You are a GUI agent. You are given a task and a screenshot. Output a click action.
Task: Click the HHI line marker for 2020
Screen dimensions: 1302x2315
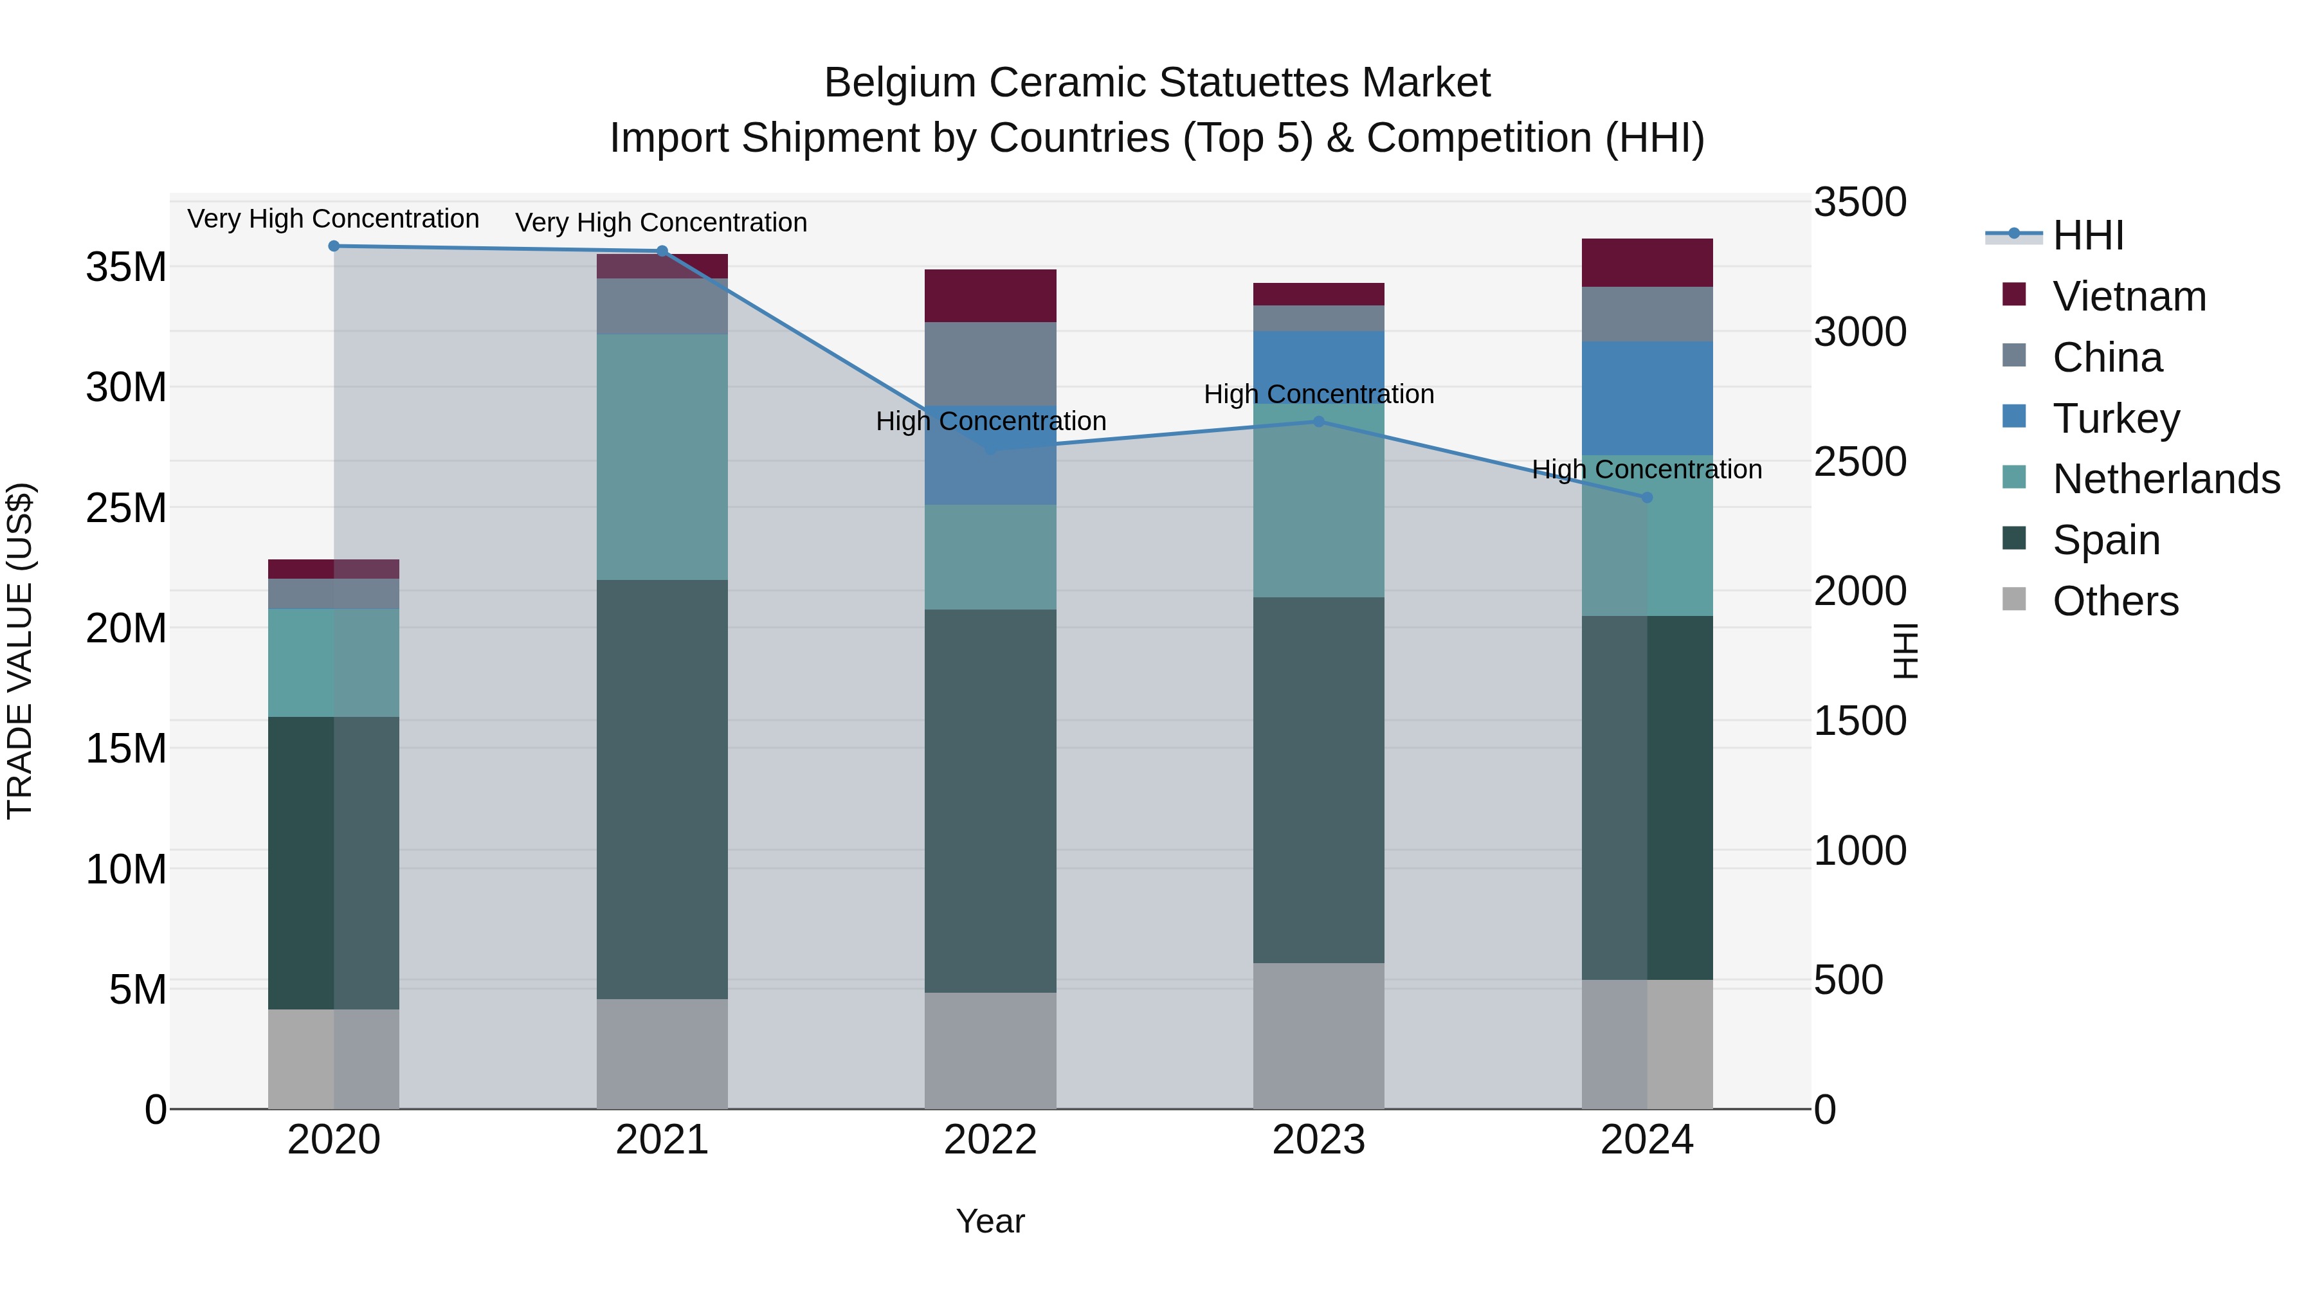coord(333,246)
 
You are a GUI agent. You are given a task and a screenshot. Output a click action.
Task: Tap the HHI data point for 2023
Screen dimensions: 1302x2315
coord(1318,421)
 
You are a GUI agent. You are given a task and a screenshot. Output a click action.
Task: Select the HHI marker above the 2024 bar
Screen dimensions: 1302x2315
coord(1646,497)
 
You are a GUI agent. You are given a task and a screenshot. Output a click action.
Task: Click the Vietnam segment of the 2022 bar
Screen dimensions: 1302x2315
coord(990,296)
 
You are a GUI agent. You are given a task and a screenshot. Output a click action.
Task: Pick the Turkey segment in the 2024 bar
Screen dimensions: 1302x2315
coord(1646,398)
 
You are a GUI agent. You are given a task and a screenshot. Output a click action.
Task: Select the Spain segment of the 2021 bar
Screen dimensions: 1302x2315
coord(662,789)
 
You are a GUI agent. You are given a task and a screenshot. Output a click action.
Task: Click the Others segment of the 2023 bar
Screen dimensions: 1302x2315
coord(1318,1036)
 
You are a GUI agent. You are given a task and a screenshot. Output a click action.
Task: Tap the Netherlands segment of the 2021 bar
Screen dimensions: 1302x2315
coord(662,457)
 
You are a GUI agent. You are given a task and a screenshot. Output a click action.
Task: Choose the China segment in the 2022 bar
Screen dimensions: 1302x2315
coord(990,364)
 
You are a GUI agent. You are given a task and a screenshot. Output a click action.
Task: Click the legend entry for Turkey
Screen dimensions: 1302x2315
coord(2116,419)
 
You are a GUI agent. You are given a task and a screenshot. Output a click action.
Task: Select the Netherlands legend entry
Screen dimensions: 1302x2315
coord(2166,479)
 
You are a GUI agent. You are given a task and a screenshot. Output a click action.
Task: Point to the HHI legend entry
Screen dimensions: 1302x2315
coord(2087,235)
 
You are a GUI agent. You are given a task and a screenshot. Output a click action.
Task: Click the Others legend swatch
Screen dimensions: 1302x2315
coord(2014,599)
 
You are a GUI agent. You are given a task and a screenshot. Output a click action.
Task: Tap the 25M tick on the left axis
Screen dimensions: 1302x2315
coord(126,509)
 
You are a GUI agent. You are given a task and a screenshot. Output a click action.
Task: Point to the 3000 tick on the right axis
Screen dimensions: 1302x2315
coord(1859,332)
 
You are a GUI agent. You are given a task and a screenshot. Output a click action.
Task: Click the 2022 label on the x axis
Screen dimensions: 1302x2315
coord(990,1140)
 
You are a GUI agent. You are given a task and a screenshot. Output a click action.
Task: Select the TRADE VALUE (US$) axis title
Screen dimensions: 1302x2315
coord(20,651)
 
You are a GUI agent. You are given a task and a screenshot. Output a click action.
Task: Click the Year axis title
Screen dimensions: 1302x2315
coord(990,1221)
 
